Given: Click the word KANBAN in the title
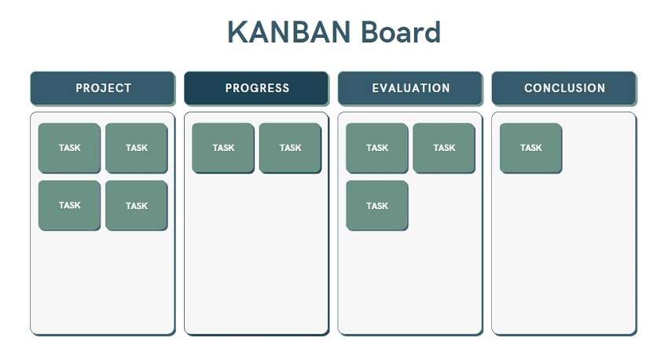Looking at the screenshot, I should [x=289, y=33].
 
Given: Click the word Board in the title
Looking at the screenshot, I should [x=401, y=33].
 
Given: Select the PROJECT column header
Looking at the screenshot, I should [x=103, y=88].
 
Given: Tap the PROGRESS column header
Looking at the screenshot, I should [x=257, y=88].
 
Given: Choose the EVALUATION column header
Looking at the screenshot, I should [x=410, y=88].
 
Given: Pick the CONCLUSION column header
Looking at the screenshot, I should [x=564, y=88].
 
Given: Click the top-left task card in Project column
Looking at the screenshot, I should [x=69, y=148].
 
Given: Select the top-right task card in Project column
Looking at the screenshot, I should [x=136, y=148].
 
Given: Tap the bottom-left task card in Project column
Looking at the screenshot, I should [x=69, y=205].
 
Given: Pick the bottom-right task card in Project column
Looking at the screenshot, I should [x=136, y=205].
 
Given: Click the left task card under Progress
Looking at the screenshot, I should [x=223, y=148].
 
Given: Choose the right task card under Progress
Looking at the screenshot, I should [x=290, y=148].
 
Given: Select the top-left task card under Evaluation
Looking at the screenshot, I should [x=377, y=148].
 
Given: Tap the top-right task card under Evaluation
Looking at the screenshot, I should [x=444, y=148].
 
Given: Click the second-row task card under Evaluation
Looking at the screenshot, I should [x=377, y=205].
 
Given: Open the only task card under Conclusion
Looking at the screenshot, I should [x=530, y=148].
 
